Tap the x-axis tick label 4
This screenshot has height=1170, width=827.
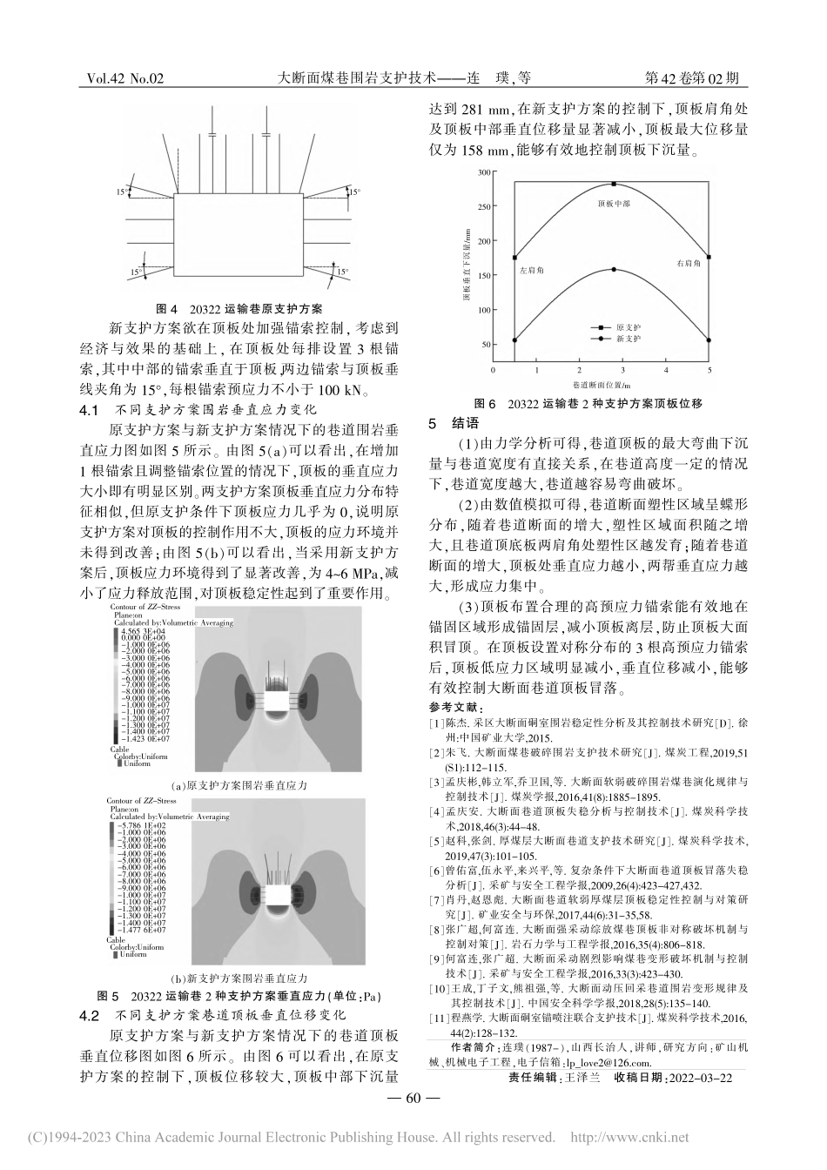point(666,370)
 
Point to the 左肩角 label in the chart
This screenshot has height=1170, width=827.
point(531,272)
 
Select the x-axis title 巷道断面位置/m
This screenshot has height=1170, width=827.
point(602,383)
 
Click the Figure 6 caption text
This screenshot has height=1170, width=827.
point(587,404)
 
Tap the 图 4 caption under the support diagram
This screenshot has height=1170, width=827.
point(238,308)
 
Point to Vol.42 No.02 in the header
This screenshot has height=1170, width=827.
point(125,78)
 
